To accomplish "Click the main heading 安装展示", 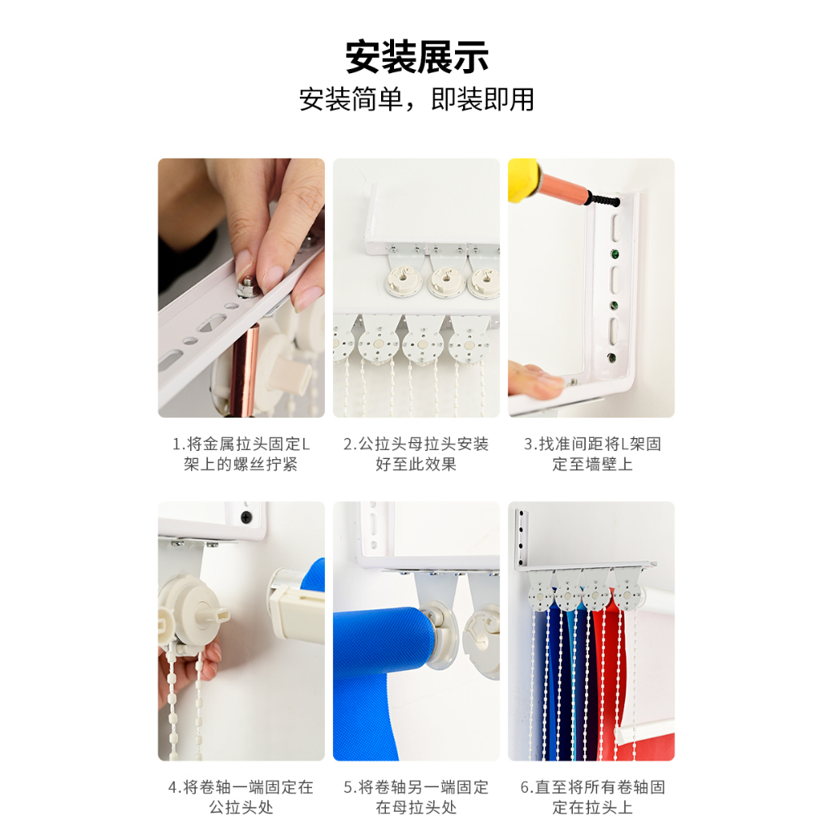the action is (417, 58).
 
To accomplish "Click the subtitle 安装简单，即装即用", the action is (417, 99).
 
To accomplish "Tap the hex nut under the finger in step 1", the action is (248, 287).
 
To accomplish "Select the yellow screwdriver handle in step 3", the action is (522, 180).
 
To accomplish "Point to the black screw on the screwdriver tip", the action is (604, 200).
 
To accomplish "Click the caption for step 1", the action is (240, 453).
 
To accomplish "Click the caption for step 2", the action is (416, 453).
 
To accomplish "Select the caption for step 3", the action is (592, 453).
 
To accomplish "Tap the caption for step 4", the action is (240, 797).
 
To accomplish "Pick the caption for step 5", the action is (416, 797).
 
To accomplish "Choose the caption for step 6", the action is (592, 797).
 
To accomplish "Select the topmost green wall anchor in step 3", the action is (615, 254).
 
